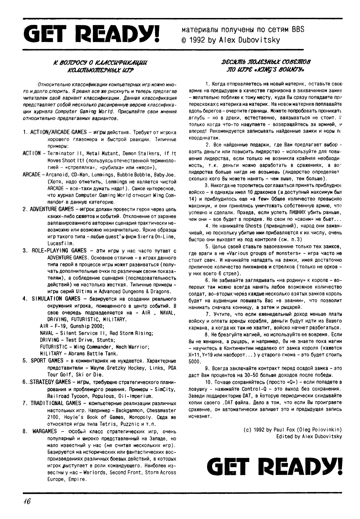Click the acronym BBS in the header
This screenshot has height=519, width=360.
pos(297,29)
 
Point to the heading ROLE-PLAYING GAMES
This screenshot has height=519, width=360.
pos(59,250)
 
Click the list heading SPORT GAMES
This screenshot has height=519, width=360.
pos(47,360)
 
